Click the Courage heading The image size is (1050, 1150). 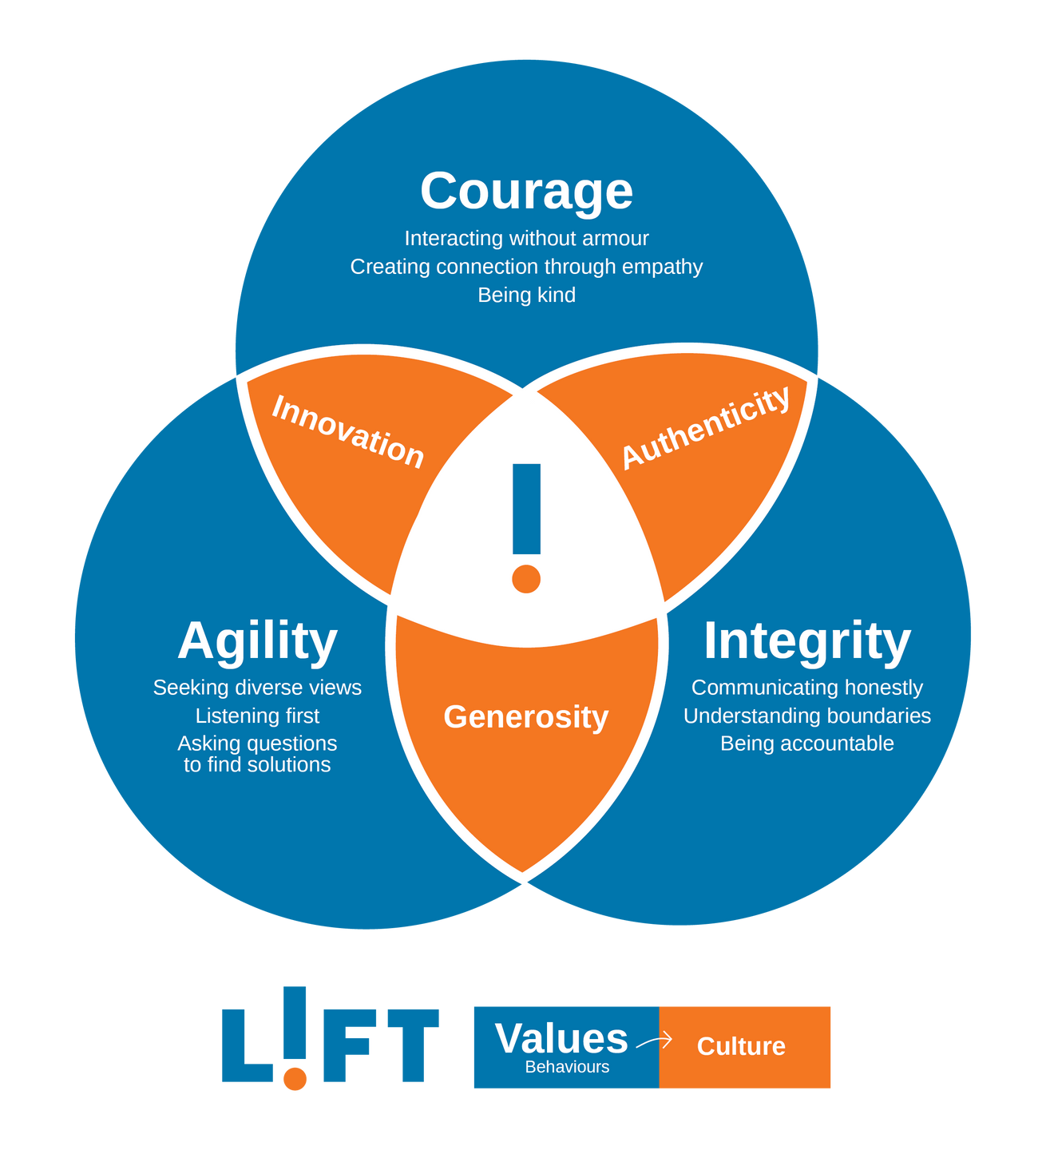526,192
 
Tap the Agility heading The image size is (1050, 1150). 257,641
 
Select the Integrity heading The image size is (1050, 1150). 806,641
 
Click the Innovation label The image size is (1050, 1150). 347,431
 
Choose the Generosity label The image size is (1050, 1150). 525,716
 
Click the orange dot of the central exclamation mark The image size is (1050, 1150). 526,578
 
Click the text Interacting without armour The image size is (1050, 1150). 526,238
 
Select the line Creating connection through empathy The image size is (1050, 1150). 526,266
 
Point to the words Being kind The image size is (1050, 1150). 526,295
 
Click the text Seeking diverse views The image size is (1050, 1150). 257,688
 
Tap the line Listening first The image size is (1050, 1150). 257,716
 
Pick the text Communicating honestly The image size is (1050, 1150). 806,688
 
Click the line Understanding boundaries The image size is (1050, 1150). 806,716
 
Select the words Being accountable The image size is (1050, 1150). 806,744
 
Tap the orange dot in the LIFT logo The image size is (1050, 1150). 295,1078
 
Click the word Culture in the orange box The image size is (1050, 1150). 741,1046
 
